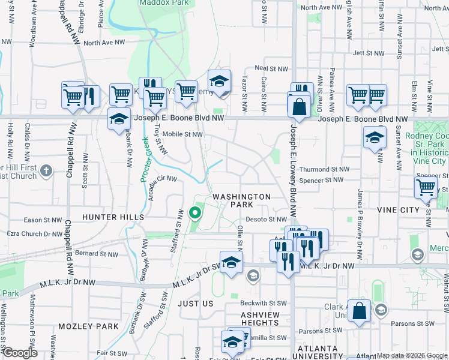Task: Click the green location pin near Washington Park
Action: (194, 212)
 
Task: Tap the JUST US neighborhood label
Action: (196, 304)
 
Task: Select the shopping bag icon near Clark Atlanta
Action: (359, 312)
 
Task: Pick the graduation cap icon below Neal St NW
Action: (219, 82)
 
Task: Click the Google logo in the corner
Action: (19, 353)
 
